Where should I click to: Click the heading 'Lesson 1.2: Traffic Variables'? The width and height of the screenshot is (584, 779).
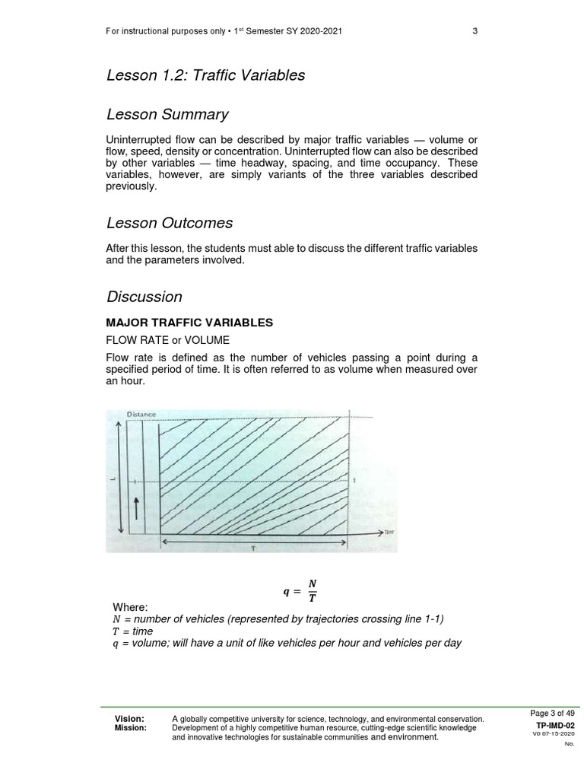pyautogui.click(x=205, y=75)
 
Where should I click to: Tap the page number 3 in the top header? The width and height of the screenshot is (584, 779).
pyautogui.click(x=474, y=31)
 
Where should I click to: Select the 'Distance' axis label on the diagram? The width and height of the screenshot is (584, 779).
pyautogui.click(x=141, y=415)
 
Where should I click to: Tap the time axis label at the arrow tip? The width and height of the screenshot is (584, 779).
pyautogui.click(x=388, y=534)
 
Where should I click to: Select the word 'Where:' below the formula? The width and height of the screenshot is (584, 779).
pyautogui.click(x=130, y=607)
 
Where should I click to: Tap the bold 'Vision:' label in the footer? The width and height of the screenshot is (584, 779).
pyautogui.click(x=129, y=719)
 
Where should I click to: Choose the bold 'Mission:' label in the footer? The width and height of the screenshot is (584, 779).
pyautogui.click(x=131, y=728)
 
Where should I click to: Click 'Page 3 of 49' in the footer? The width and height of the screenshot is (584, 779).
pyautogui.click(x=552, y=713)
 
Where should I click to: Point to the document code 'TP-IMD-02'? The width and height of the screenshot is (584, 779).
pyautogui.click(x=555, y=726)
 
